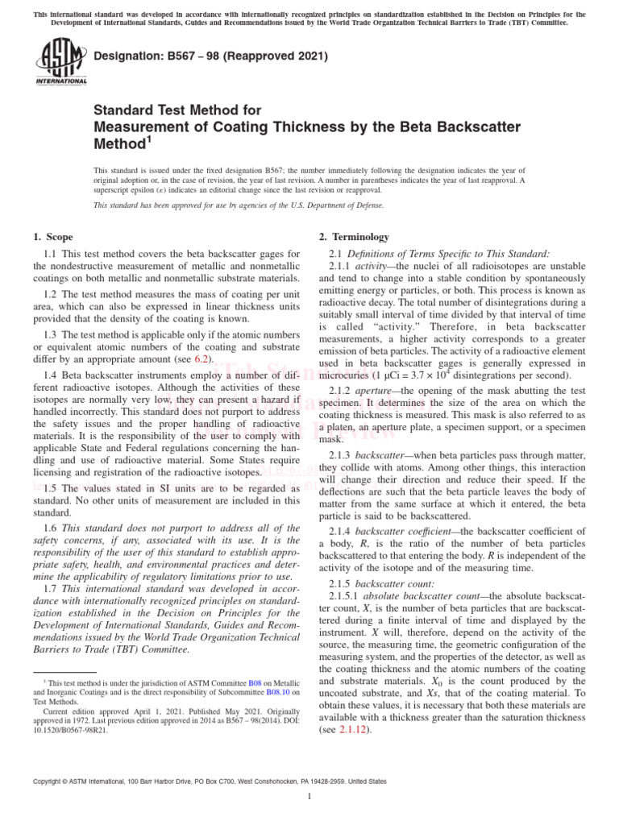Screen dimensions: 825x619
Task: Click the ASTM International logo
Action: [x=61, y=64]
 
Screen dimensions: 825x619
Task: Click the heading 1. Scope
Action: [x=52, y=237]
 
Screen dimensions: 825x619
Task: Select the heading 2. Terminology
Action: [x=355, y=237]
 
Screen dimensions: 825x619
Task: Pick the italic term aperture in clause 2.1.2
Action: [x=373, y=392]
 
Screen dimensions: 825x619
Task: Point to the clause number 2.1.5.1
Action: [x=344, y=596]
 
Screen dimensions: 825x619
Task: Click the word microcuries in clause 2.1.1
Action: [x=345, y=375]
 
